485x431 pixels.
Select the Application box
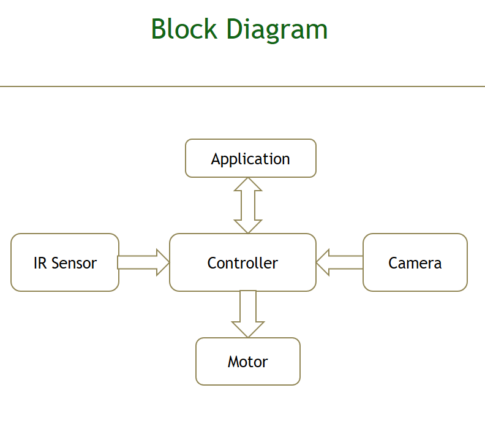(250, 159)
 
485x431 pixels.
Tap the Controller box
(242, 263)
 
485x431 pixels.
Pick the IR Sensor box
(65, 263)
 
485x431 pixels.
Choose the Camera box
(415, 263)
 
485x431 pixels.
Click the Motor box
(247, 362)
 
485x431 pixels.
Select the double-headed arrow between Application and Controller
(248, 205)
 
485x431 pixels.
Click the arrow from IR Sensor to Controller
(143, 262)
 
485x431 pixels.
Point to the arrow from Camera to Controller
(340, 262)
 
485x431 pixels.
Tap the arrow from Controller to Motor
(248, 313)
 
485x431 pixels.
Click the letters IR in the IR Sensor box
(40, 263)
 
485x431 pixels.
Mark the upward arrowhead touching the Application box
(248, 185)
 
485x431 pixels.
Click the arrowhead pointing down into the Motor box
(248, 329)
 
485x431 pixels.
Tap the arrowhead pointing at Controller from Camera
(323, 262)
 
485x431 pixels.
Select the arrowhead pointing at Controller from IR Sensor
(163, 262)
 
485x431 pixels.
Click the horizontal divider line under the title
(242, 86)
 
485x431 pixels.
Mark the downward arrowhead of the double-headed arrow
(248, 226)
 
